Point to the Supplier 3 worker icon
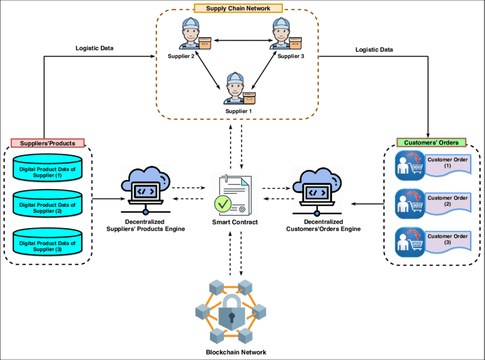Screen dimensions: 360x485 pos(282,34)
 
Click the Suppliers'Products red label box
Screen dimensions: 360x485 pos(48,143)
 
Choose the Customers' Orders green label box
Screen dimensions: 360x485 pos(432,142)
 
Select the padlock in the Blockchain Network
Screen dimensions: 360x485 pos(231,312)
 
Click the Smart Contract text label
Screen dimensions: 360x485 pos(235,222)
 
